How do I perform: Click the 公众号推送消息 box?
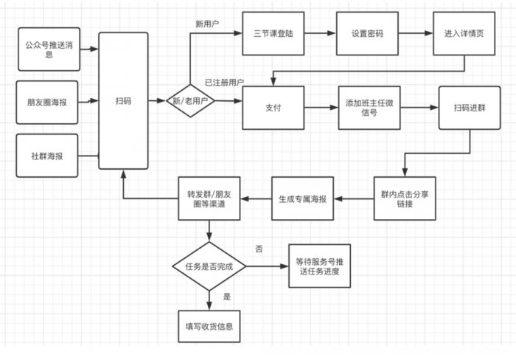pos(48,49)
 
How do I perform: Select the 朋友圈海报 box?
pos(48,102)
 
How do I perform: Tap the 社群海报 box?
pos(48,156)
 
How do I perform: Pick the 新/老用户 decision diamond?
pos(191,102)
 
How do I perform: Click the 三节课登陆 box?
pos(273,33)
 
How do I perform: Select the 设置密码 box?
pos(368,33)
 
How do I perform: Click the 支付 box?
pos(273,108)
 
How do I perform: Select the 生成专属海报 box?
pos(303,198)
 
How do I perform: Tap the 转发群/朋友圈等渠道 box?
pos(208,198)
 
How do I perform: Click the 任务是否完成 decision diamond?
pos(208,266)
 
